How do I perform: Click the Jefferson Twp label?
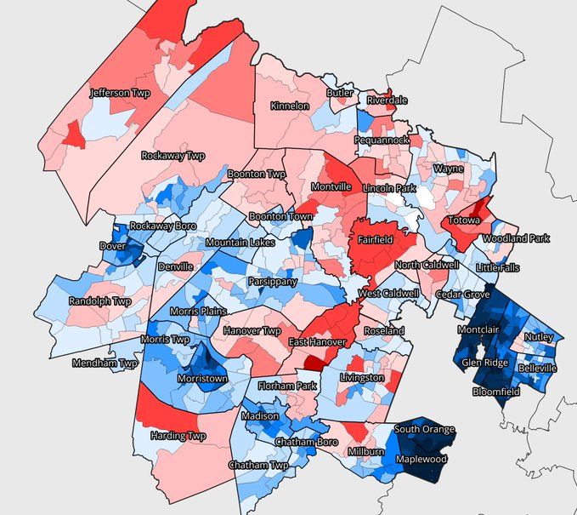(x=120, y=92)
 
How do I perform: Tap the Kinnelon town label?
(x=290, y=106)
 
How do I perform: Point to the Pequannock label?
(x=382, y=139)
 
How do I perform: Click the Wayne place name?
(x=449, y=169)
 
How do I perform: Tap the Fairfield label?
(x=374, y=240)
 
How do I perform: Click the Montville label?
(x=331, y=186)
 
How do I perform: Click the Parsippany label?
(x=273, y=280)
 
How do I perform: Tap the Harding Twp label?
(x=178, y=436)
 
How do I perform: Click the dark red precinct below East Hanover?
(x=314, y=363)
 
